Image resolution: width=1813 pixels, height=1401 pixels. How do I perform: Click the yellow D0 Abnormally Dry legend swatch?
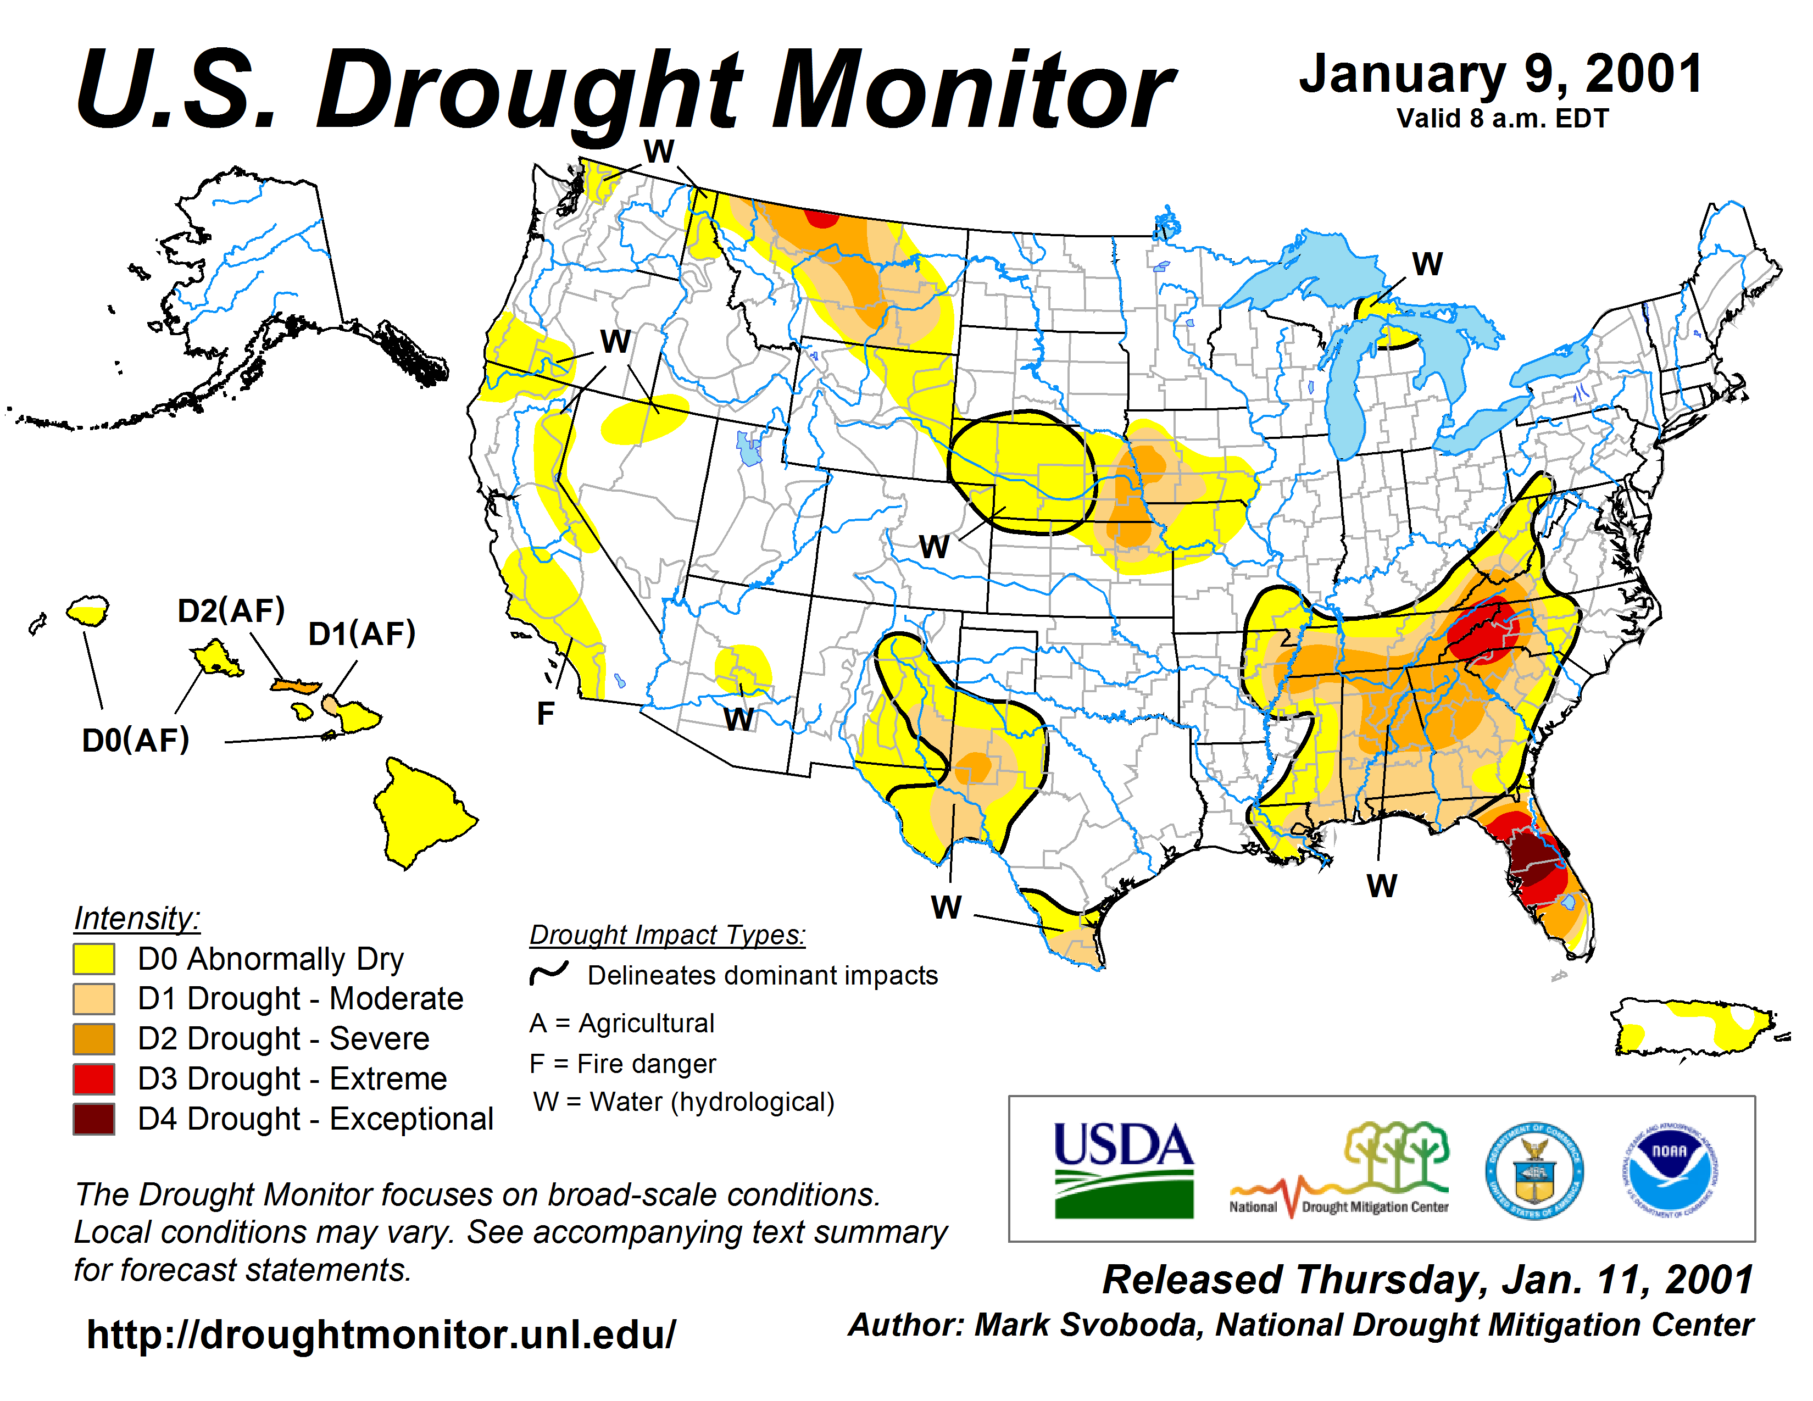[94, 959]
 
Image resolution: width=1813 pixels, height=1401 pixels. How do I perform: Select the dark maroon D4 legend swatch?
[94, 1119]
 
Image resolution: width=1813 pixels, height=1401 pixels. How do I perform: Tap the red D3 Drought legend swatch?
[94, 1079]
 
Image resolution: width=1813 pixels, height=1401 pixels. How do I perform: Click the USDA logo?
[1123, 1170]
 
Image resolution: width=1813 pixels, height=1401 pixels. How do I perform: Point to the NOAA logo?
[1670, 1170]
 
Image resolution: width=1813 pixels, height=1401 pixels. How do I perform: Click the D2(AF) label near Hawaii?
[231, 611]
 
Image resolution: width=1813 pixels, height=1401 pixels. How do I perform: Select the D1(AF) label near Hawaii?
[361, 634]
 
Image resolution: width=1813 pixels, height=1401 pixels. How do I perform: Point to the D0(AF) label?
[135, 741]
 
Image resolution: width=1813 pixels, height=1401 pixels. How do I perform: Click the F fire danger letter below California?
[546, 714]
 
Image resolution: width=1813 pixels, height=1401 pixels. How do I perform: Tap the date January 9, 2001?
[1501, 75]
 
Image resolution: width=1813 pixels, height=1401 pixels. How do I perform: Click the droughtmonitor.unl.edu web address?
[381, 1335]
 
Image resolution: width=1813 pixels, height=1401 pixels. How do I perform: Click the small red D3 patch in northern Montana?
[822, 218]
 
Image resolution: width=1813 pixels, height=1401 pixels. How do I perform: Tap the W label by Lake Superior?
[1427, 264]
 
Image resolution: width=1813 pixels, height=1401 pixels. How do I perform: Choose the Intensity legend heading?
[137, 919]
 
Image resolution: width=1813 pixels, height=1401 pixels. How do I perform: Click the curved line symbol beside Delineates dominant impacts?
[549, 974]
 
